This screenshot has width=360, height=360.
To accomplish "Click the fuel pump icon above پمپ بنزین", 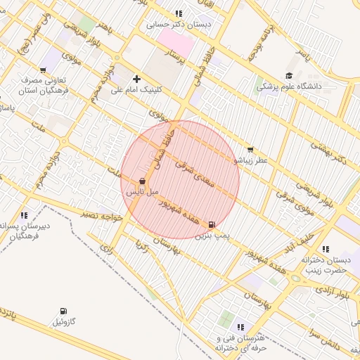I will pyautogui.click(x=212, y=224).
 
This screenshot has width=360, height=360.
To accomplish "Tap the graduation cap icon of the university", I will pyautogui.click(x=289, y=76).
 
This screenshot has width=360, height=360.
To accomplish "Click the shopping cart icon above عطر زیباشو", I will pyautogui.click(x=250, y=150).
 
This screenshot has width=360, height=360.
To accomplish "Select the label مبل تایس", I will pyautogui.click(x=143, y=191).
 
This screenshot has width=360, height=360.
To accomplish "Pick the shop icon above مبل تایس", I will pyautogui.click(x=143, y=181).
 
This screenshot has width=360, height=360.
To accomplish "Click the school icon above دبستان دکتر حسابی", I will pyautogui.click(x=179, y=13).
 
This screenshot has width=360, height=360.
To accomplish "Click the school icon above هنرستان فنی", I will pyautogui.click(x=241, y=327).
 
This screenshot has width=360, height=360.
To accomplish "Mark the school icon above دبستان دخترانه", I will pyautogui.click(x=324, y=249).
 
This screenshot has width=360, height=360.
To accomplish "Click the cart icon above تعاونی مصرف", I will pyautogui.click(x=44, y=69).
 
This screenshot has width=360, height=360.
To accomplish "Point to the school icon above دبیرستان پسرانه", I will pyautogui.click(x=25, y=215).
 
